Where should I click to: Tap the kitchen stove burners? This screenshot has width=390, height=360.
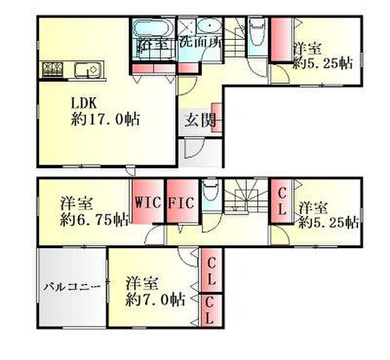point(52,70)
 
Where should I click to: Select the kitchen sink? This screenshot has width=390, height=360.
point(87,69)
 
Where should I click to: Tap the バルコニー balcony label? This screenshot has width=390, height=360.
point(72,287)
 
